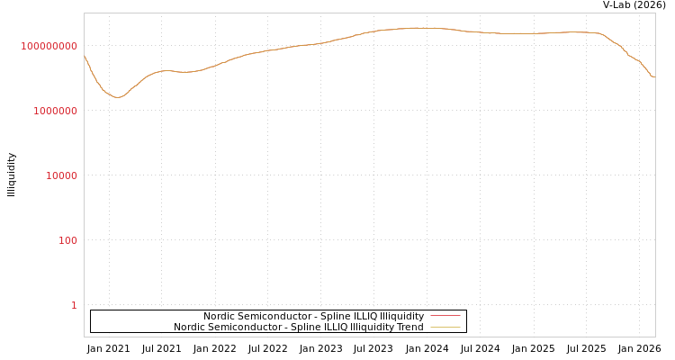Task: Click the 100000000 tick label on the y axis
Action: (49, 46)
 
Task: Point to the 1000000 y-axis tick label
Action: (56, 111)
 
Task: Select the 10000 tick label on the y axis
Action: (62, 175)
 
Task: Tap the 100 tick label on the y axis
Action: (68, 240)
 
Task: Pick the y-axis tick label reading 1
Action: (74, 305)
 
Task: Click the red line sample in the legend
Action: (445, 316)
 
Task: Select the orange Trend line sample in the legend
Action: (445, 327)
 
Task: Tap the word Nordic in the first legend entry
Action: (219, 316)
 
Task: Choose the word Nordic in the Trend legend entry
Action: (189, 327)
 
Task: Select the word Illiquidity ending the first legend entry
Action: (401, 316)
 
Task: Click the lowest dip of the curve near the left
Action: (117, 97)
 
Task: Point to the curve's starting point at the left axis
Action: (85, 57)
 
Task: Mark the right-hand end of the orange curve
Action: (653, 76)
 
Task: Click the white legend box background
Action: (135, 321)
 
